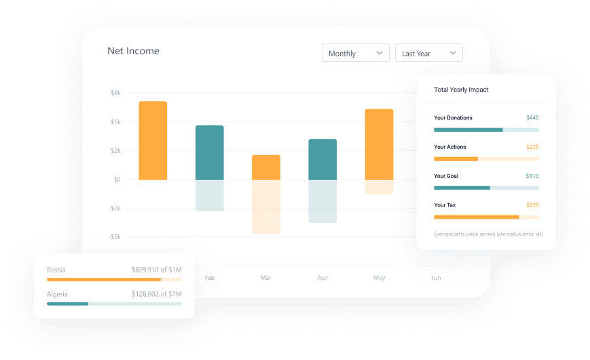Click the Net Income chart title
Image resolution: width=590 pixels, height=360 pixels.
point(133,51)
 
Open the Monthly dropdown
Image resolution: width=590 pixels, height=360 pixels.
point(355,53)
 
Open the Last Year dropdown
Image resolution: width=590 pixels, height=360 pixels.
point(428,53)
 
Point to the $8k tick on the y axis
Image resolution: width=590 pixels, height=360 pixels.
point(115,92)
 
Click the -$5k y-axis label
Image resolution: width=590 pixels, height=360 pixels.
point(114,237)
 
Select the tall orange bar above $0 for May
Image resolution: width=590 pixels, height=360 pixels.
point(379,144)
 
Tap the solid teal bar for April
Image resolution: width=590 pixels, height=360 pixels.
point(322,159)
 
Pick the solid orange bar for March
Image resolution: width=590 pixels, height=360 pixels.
point(266,167)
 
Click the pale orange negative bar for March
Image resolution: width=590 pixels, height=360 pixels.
point(266,206)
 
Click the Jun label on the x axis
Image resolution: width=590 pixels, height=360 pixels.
point(436,278)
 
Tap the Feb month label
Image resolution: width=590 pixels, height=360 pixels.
point(210,278)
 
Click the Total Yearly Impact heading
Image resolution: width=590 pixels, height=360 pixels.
point(461,90)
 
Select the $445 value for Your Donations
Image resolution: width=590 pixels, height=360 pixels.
point(532,118)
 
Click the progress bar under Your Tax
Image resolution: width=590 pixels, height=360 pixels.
point(486,217)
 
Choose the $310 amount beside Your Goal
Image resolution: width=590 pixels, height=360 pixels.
point(532,176)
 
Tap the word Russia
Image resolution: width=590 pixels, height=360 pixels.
point(56,270)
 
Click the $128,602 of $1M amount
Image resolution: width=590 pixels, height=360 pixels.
point(156,294)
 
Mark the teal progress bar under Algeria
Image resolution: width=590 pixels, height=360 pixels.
point(68,304)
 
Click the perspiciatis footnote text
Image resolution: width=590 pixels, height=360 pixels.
point(488,234)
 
